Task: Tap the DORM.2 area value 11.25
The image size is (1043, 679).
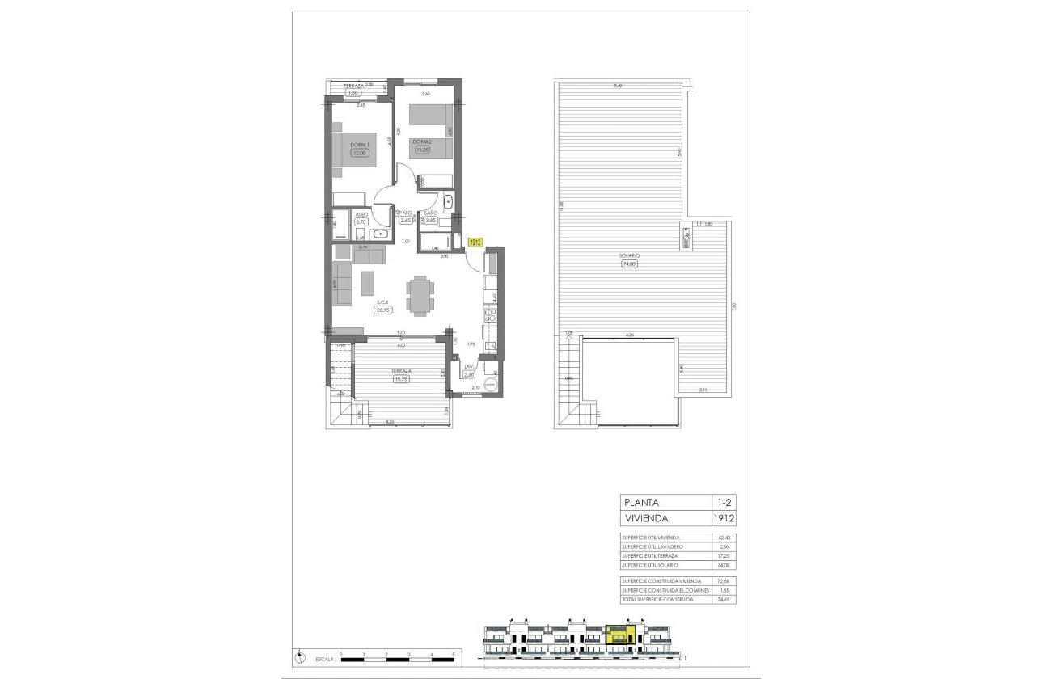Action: point(421,150)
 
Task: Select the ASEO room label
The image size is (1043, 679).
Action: point(361,214)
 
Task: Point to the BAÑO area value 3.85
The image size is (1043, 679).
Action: point(431,220)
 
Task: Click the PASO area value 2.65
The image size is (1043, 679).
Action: point(406,220)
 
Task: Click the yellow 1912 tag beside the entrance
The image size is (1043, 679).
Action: point(475,242)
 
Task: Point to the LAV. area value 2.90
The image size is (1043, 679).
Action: point(469,374)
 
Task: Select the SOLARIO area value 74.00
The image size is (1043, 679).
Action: point(630,264)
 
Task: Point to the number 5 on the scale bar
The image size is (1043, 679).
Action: point(454,652)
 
